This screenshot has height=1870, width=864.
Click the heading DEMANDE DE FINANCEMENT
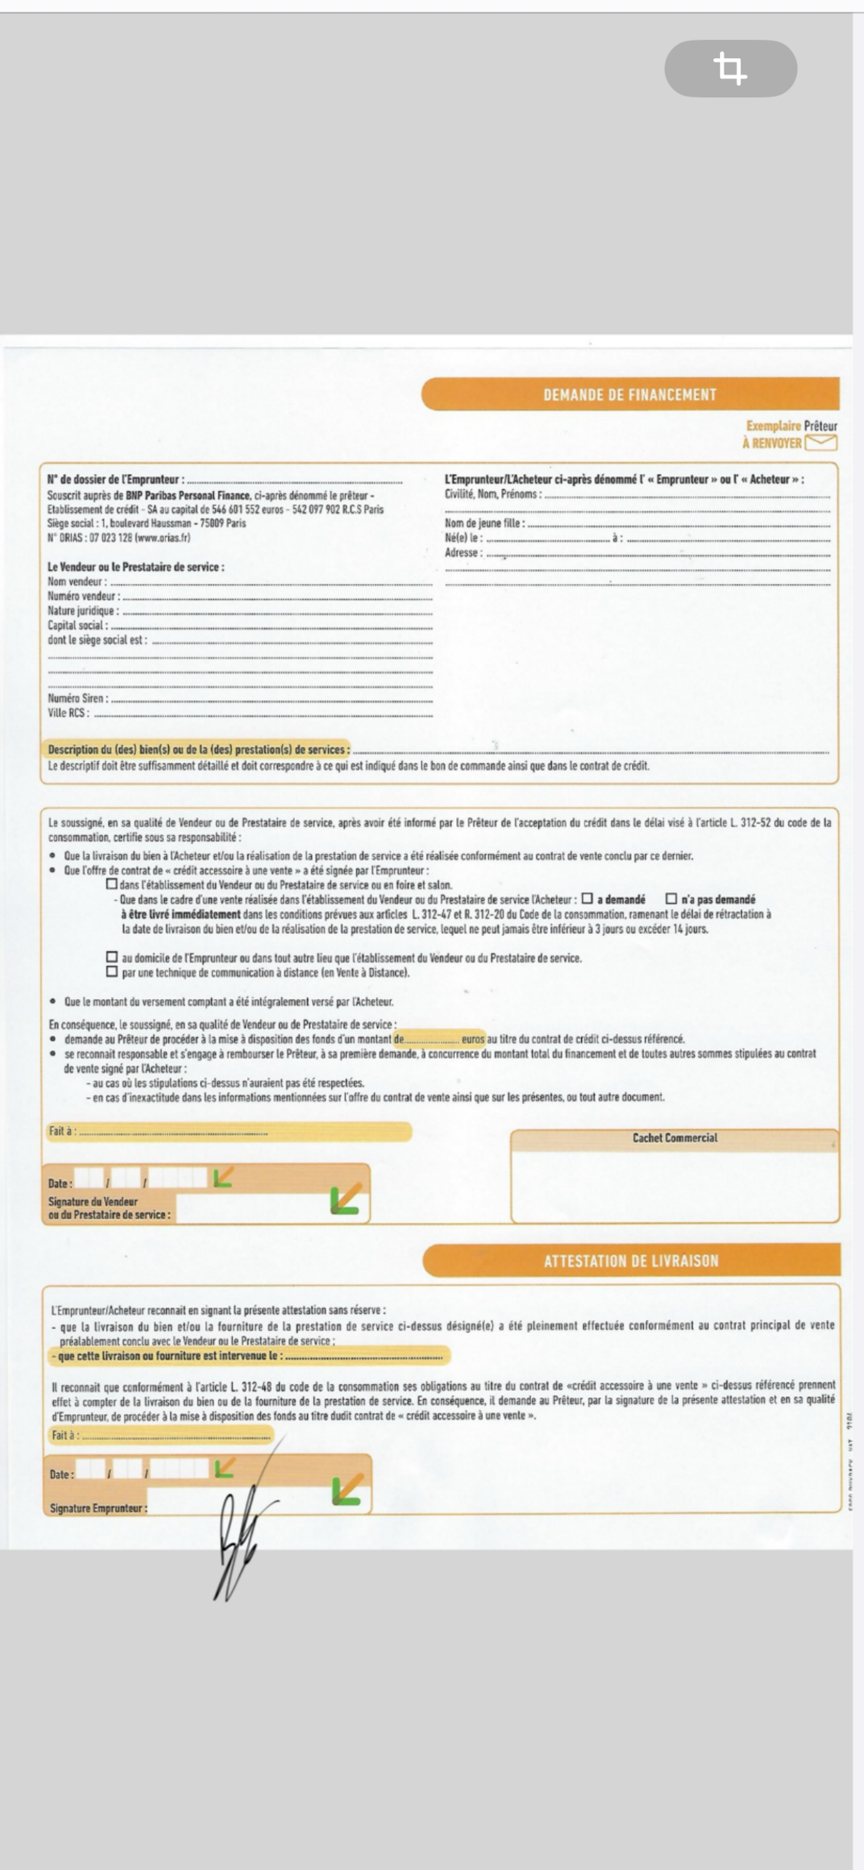coord(629,395)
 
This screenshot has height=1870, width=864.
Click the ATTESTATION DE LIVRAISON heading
coord(631,1261)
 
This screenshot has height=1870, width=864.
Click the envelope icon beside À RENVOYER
coord(821,443)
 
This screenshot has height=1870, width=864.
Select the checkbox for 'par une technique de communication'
coord(112,971)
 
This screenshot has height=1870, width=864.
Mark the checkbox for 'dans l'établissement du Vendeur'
coord(112,884)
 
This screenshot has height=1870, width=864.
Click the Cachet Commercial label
coord(674,1138)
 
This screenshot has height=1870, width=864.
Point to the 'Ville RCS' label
coord(68,713)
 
